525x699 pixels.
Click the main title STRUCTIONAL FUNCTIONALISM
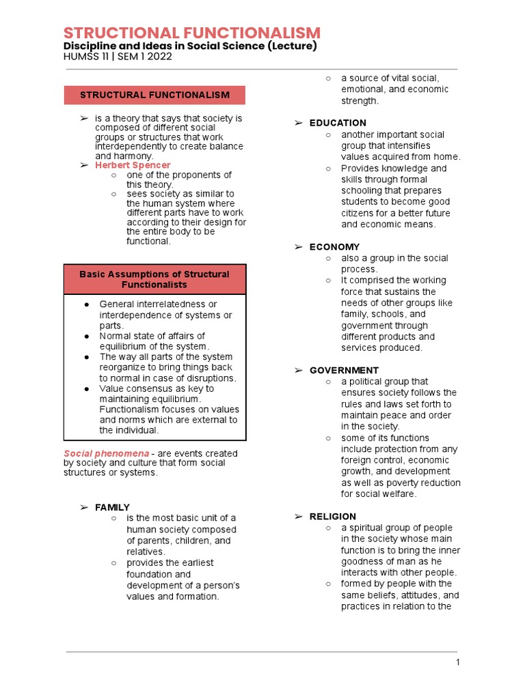191,33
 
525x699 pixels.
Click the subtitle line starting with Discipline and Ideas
190,46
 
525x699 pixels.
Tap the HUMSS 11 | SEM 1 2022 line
118,57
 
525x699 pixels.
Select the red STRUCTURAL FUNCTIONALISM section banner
154,95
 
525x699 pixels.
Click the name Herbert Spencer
133,165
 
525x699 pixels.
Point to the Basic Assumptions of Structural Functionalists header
154,279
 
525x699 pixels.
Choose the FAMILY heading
112,507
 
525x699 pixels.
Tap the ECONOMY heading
334,247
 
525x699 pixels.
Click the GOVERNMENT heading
344,370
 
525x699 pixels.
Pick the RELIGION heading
332,517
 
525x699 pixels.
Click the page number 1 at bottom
459,663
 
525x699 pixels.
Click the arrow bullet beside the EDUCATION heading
298,123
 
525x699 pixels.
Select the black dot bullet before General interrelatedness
87,304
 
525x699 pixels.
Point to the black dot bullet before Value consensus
87,388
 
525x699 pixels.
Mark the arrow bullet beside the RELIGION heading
298,517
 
